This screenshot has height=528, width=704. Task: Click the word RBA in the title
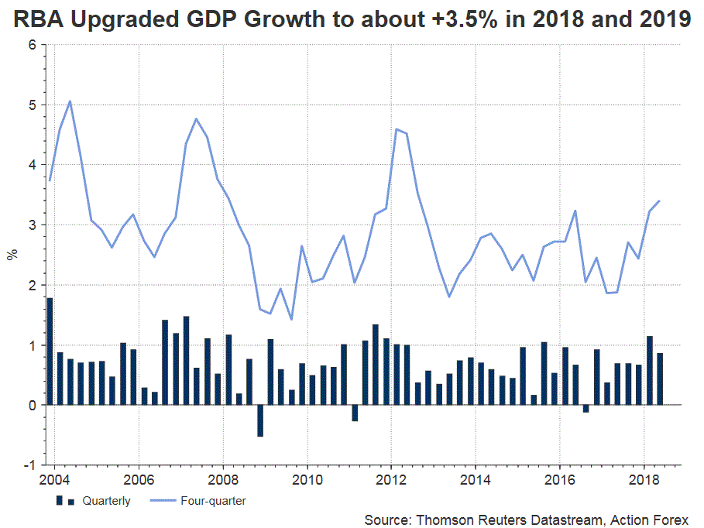39,21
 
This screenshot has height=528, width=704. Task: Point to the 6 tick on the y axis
33,45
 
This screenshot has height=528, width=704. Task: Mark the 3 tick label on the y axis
33,225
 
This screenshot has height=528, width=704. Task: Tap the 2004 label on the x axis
53,479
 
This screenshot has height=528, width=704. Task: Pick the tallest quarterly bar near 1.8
50,351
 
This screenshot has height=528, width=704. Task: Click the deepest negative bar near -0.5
260,420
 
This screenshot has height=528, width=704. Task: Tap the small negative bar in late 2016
586,409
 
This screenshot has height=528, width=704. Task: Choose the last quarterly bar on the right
660,379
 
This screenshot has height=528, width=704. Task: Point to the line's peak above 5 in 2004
70,101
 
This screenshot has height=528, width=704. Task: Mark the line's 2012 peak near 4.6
397,129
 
